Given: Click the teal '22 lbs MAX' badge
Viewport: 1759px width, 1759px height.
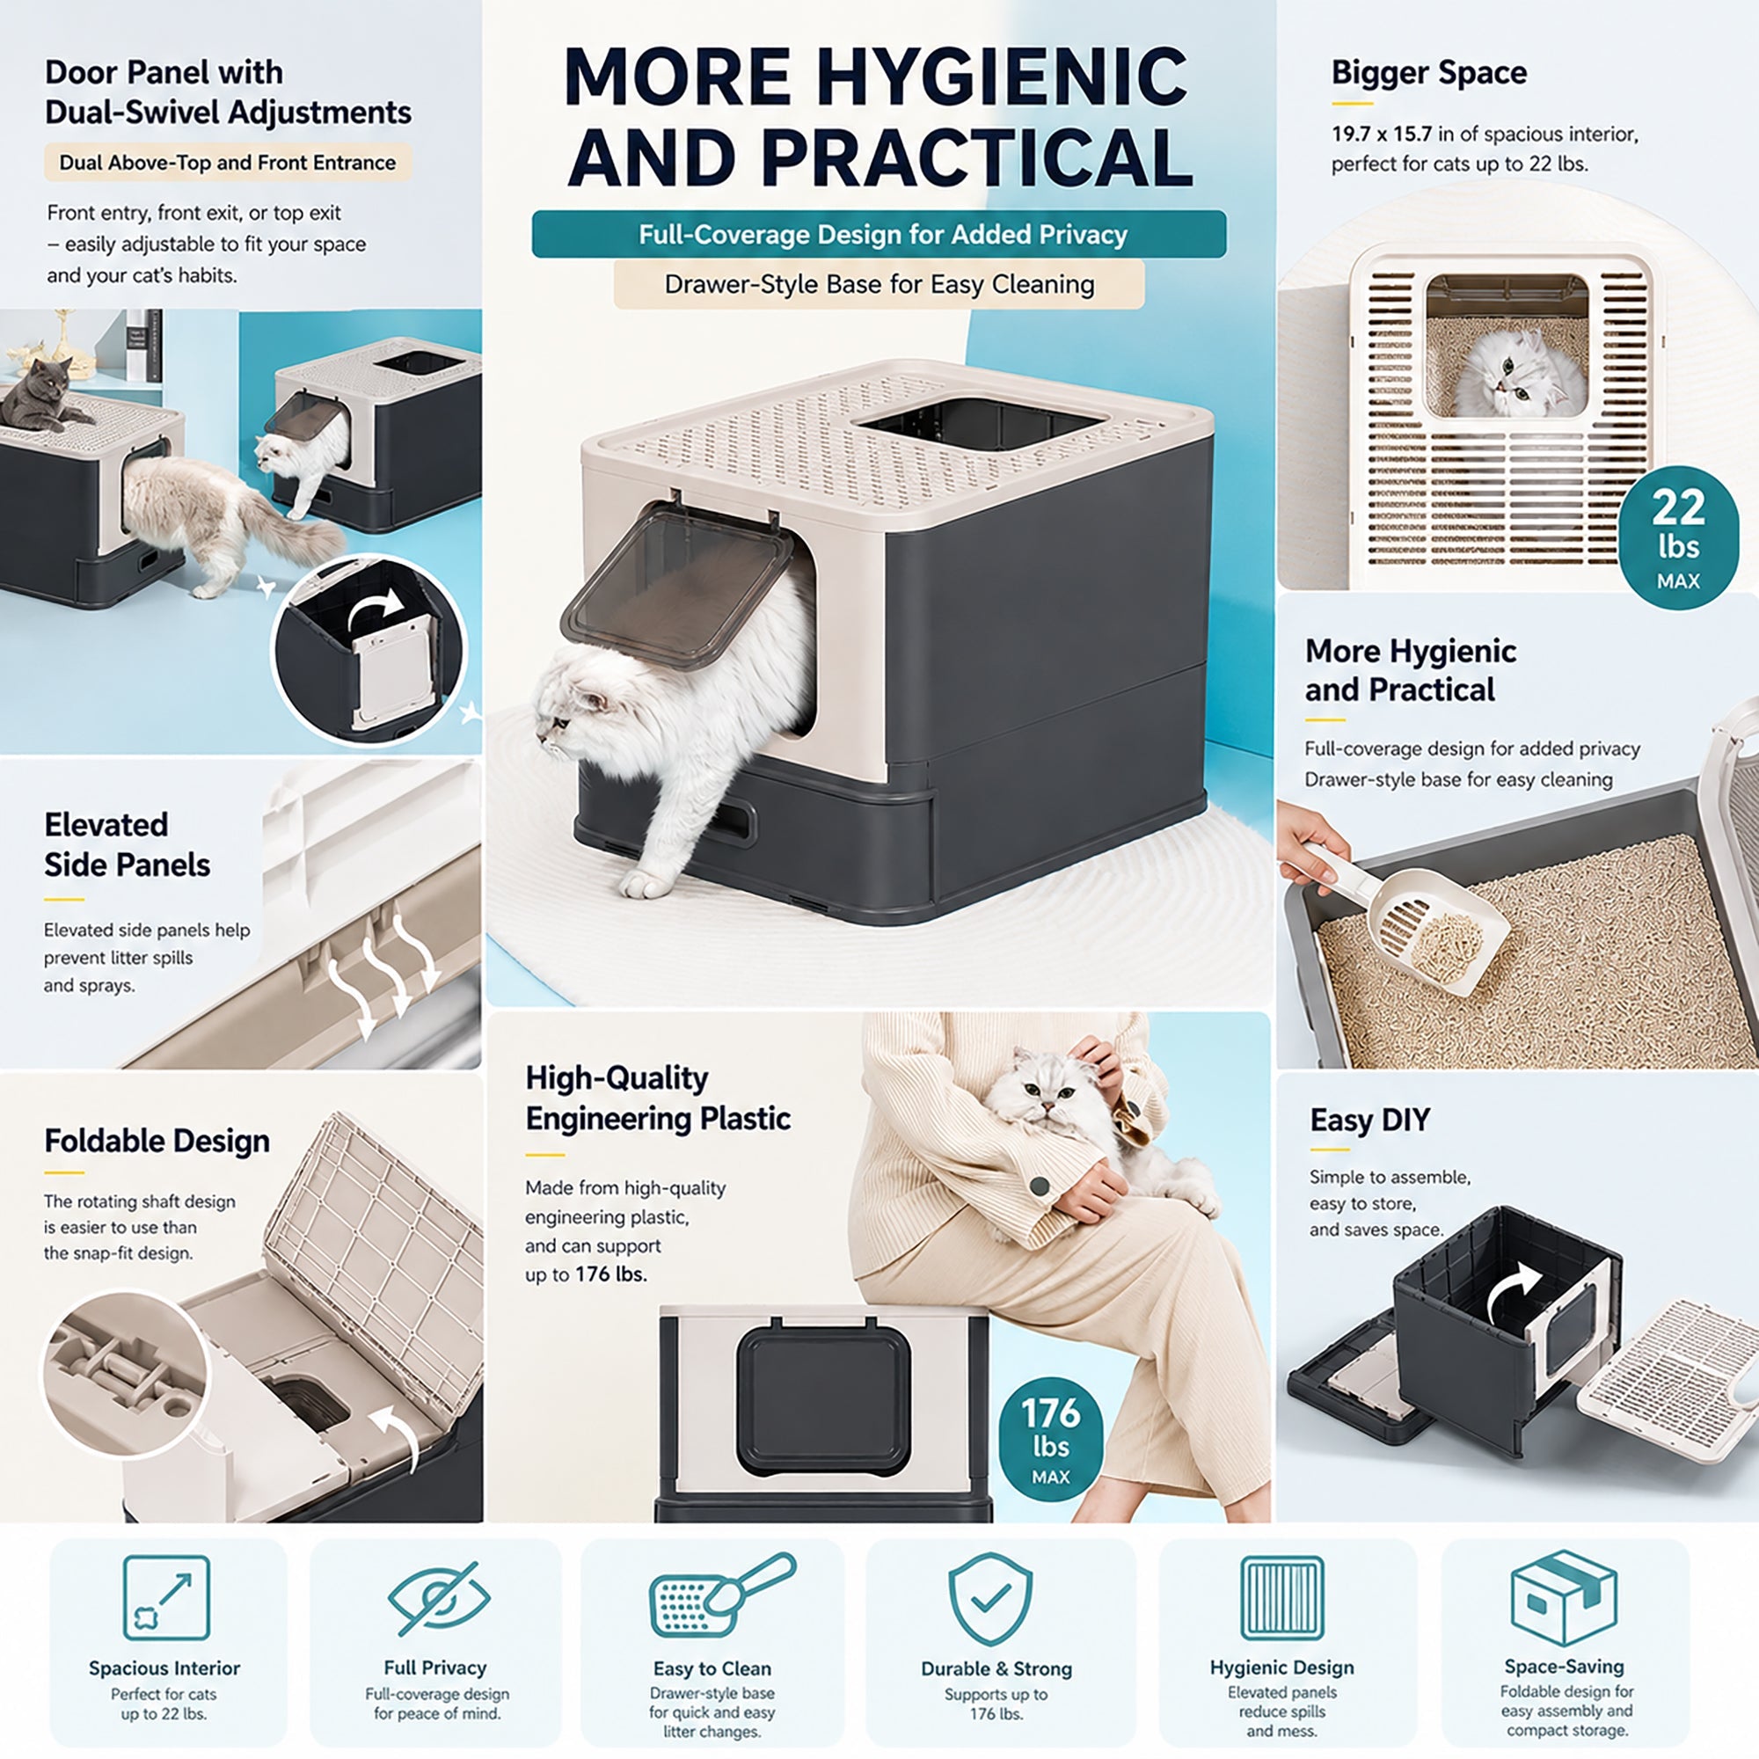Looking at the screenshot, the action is click(x=1678, y=537).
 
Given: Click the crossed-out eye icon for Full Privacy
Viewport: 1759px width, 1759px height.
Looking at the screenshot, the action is click(x=439, y=1598).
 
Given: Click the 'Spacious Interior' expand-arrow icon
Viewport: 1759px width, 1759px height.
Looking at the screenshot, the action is click(x=166, y=1598).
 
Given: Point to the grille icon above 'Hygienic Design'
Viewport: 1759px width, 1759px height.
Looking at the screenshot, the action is click(x=1282, y=1598).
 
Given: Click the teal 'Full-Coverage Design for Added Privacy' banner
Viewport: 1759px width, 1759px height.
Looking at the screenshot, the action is click(x=879, y=234).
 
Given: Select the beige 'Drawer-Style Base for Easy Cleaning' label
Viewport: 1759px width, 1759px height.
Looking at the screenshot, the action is click(x=879, y=284).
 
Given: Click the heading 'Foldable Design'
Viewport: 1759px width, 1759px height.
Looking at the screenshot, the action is click(x=157, y=1140).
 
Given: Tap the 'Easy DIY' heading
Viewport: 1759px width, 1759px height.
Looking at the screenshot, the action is click(x=1369, y=1119).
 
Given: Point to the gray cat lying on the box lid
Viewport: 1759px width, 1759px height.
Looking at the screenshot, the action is click(x=41, y=394).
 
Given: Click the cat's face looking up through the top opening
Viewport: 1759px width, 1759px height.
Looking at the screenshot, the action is click(x=1522, y=370).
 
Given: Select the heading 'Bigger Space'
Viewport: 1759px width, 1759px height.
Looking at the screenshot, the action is click(x=1428, y=73).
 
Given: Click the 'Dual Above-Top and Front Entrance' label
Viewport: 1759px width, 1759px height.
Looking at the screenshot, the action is click(x=228, y=162).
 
